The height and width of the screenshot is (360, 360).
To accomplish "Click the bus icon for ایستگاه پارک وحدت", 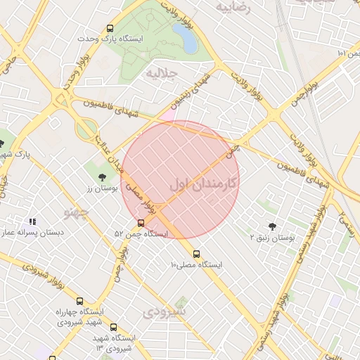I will (x=110, y=29).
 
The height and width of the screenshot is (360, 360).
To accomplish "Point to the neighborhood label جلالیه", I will (x=160, y=72).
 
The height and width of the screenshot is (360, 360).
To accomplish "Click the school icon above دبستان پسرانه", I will (x=33, y=222).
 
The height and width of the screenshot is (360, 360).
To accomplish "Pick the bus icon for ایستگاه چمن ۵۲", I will (x=141, y=224).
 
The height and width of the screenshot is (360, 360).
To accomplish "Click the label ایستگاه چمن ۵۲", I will (x=141, y=233).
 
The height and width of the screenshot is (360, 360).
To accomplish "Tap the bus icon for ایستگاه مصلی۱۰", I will (x=196, y=254).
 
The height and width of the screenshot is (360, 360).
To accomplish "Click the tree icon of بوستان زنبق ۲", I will (x=272, y=226).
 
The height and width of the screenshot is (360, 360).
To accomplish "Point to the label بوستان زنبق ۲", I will (x=273, y=238).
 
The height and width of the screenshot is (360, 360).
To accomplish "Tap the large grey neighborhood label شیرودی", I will (x=166, y=311).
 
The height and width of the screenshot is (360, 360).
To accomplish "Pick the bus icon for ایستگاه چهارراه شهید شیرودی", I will (x=79, y=301).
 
